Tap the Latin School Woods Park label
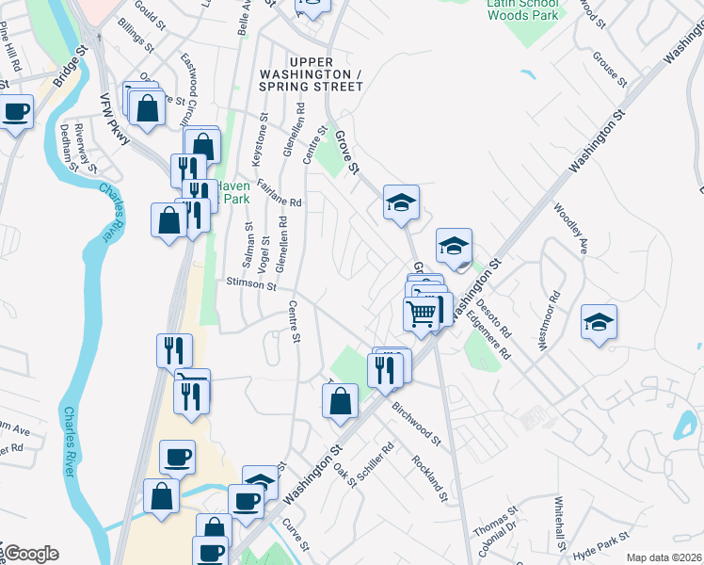pyautogui.click(x=522, y=8)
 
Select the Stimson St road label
pyautogui.click(x=249, y=282)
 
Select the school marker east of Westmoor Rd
pyautogui.click(x=600, y=323)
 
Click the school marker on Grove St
pyautogui.click(x=401, y=202)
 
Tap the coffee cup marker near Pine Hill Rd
pyautogui.click(x=15, y=113)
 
